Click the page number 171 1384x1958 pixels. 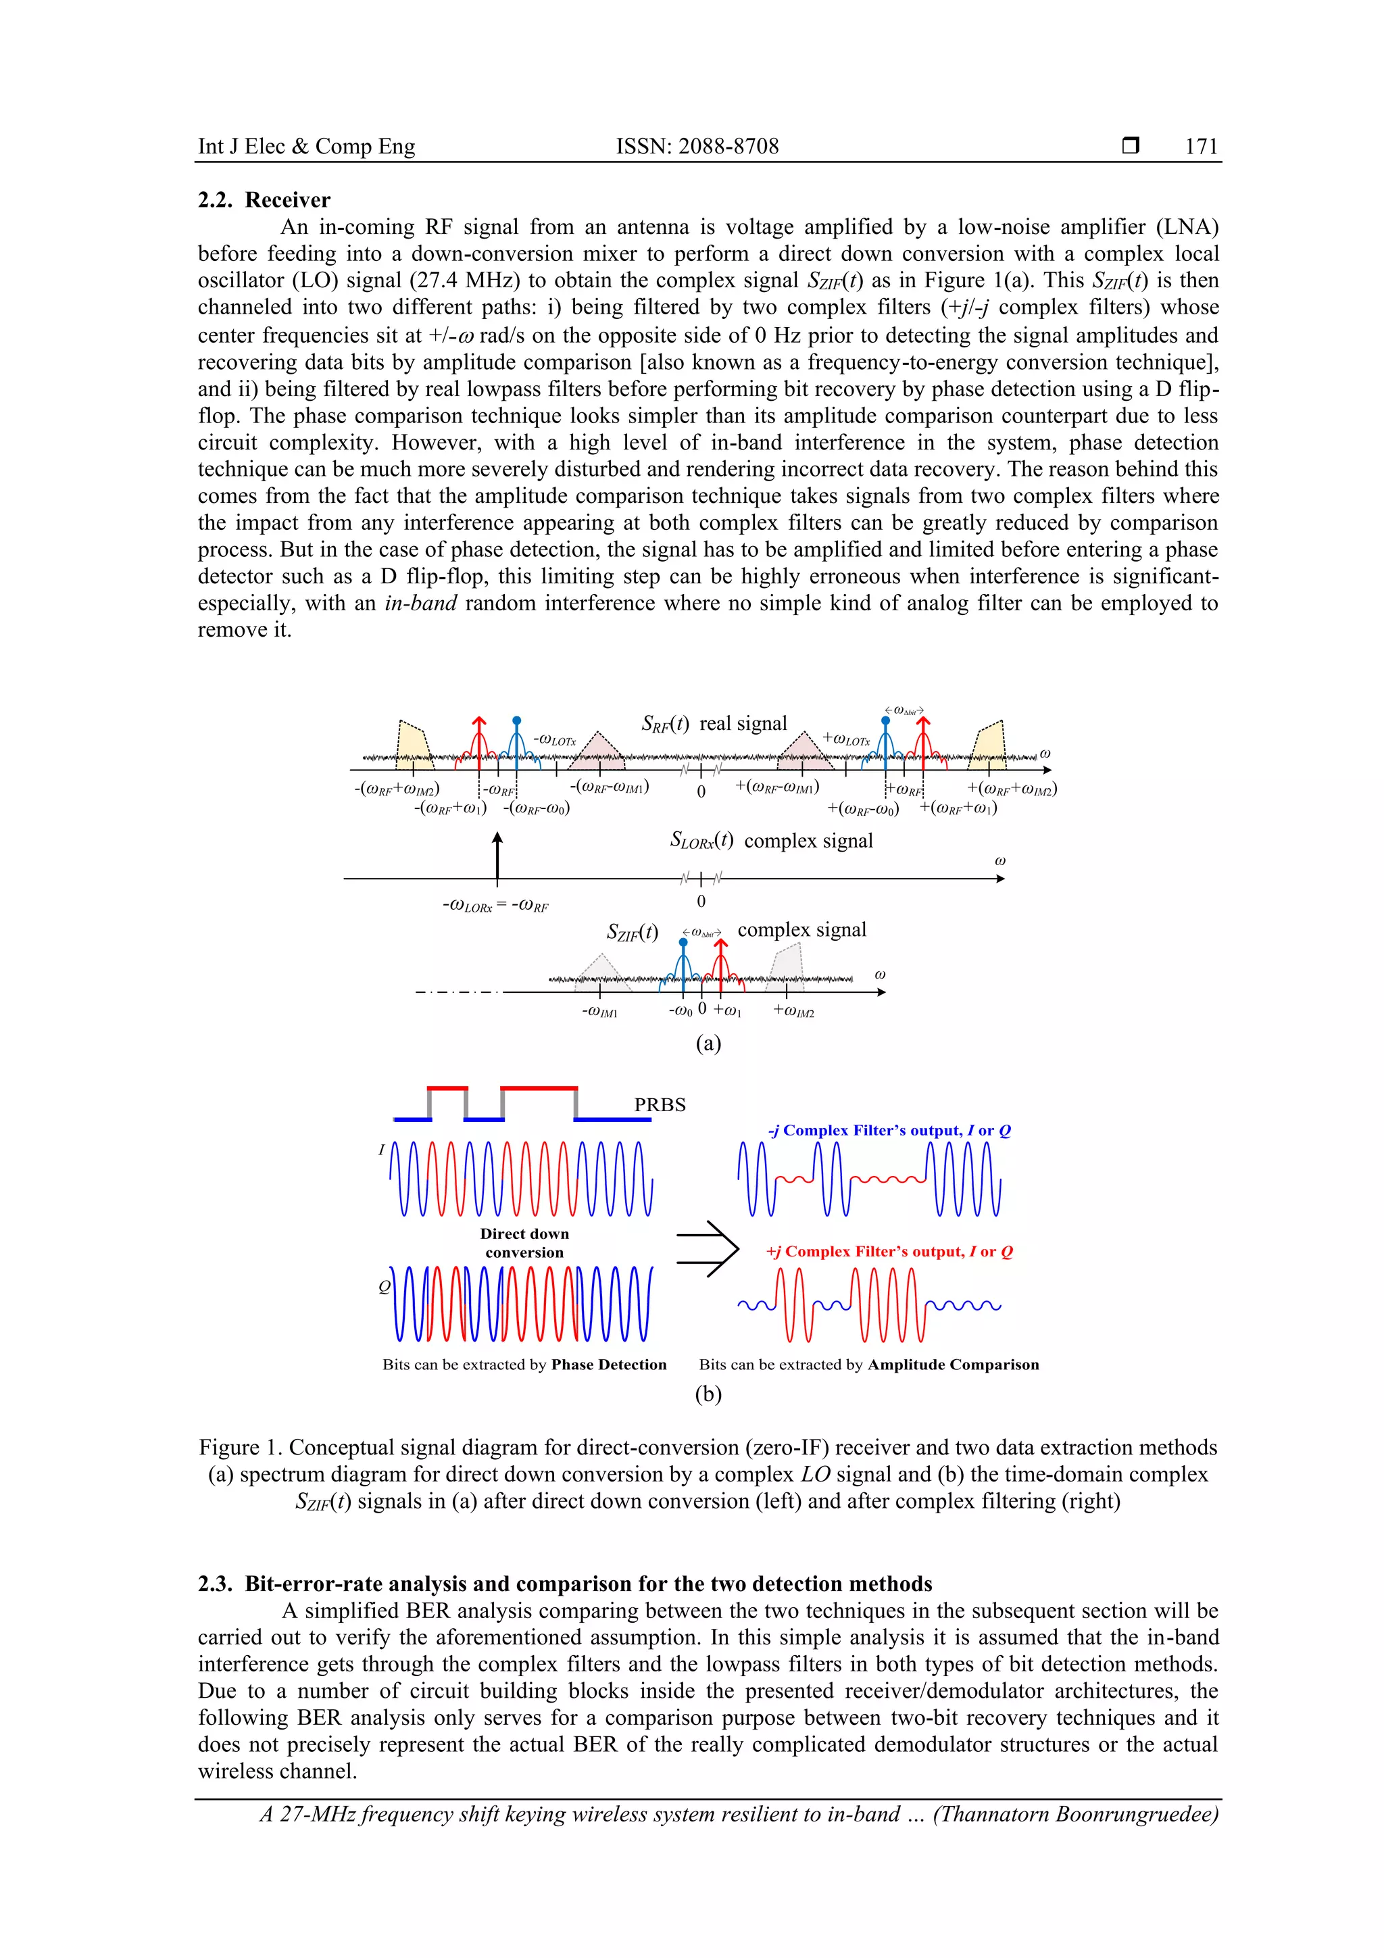click(x=1201, y=147)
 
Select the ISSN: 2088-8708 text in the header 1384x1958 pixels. click(x=697, y=147)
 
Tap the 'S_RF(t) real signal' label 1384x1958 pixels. click(x=714, y=724)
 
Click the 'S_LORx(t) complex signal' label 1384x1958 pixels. click(x=771, y=841)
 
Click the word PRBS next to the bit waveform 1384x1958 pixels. click(x=659, y=1104)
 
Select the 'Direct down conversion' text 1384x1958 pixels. click(x=524, y=1242)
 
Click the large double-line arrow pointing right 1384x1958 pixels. click(x=707, y=1248)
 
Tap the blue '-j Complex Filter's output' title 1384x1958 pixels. click(x=889, y=1131)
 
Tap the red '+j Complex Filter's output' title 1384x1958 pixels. click(x=889, y=1252)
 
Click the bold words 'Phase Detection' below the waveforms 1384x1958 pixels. click(x=608, y=1365)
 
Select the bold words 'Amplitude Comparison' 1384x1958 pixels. click(x=952, y=1365)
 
